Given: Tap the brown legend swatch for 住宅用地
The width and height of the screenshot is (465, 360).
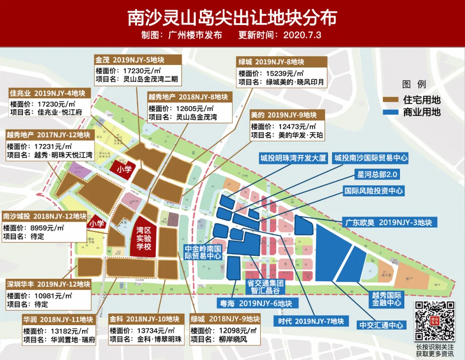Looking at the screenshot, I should click(x=391, y=100).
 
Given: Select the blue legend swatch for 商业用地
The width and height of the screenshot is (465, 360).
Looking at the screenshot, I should click(x=391, y=113).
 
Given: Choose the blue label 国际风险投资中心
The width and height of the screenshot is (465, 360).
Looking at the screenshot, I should click(x=374, y=190).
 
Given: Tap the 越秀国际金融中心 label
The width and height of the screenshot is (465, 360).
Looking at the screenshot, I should click(x=387, y=299).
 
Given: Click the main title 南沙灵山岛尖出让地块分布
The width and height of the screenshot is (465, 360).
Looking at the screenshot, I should click(x=232, y=18).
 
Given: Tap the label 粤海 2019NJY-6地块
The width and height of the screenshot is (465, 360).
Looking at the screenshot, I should click(x=254, y=303).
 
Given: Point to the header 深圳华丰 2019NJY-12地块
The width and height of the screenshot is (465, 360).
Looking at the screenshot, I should click(x=48, y=284).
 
